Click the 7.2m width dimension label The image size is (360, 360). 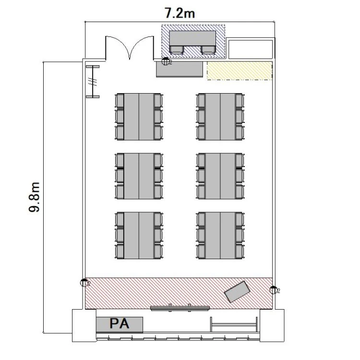(180, 13)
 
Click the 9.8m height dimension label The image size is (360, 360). (35, 197)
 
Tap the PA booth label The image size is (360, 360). (120, 324)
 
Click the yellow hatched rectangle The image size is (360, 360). (240, 71)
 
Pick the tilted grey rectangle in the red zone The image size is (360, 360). (237, 291)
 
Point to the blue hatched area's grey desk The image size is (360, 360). (192, 38)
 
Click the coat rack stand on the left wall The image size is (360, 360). (93, 82)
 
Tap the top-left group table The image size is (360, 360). (139, 117)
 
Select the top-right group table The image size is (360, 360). (220, 117)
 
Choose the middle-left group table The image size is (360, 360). (139, 176)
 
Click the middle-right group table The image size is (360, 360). (220, 176)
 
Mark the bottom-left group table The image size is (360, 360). (139, 236)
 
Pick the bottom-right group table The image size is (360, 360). (220, 236)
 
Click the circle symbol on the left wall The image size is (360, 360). (84, 283)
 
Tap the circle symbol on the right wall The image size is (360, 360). (273, 290)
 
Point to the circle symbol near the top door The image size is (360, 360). (165, 61)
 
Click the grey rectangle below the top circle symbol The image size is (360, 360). (180, 69)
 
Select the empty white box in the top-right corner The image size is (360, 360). (251, 49)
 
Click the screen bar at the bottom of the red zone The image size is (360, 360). (180, 308)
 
